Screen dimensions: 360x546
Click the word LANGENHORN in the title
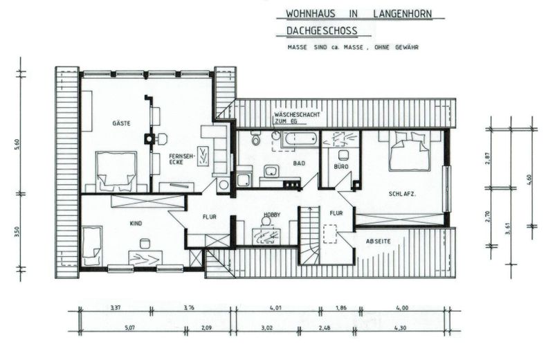click(406, 14)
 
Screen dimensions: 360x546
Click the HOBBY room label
click(271, 215)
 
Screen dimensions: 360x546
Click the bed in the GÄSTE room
click(116, 170)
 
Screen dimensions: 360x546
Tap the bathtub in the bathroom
click(293, 138)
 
